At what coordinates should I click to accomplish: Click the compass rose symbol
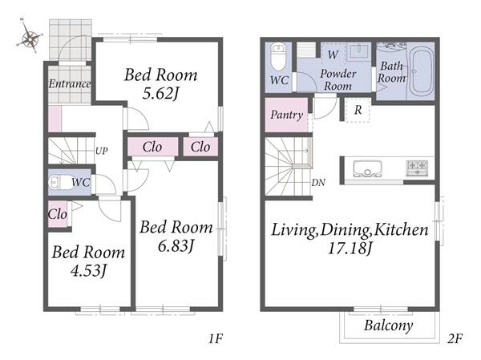coord(30,38)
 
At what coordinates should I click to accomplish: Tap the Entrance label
coord(70,83)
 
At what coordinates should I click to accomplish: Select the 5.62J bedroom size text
coord(160,93)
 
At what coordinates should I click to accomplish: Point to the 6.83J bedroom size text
coord(176,245)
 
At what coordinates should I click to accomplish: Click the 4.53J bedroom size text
coord(89,271)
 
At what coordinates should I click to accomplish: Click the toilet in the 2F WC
coord(278,58)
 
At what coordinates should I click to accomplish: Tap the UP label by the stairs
coord(102,151)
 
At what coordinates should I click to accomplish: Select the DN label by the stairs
coord(318,183)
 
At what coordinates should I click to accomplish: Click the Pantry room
coord(286,115)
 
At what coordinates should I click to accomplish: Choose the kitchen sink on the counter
coord(367,168)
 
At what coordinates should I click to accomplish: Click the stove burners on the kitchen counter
coord(417,168)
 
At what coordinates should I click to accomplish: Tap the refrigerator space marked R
coord(358,110)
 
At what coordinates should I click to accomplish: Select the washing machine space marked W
coord(333,55)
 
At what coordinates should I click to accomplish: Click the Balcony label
coord(388,326)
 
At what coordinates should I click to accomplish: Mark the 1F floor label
coord(216,339)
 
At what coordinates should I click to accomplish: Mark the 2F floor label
coord(455,339)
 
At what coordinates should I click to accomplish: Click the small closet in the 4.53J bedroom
coord(58,214)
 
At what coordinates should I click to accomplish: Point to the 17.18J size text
coord(350,249)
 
